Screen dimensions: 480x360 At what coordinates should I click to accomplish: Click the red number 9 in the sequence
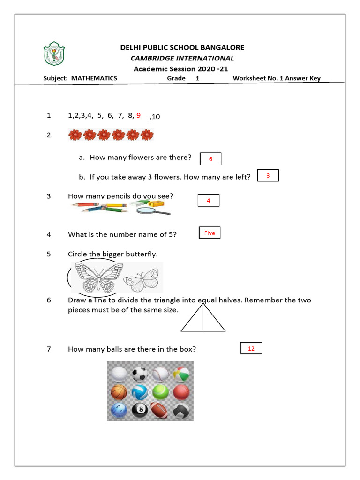(138, 115)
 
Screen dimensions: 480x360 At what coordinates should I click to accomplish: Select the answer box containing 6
(210, 159)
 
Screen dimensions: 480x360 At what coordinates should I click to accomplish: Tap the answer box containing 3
(268, 176)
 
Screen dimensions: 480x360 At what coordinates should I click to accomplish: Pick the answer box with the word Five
(210, 233)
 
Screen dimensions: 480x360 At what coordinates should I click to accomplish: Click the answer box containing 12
(251, 348)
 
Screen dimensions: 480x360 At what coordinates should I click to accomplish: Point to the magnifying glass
(152, 210)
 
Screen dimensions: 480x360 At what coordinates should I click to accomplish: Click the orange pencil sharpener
(157, 203)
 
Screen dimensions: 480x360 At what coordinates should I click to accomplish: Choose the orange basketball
(118, 392)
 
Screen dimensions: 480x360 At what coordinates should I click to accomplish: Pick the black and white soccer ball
(140, 374)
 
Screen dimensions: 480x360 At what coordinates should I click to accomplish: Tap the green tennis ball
(161, 391)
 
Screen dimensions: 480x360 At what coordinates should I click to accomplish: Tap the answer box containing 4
(209, 201)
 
